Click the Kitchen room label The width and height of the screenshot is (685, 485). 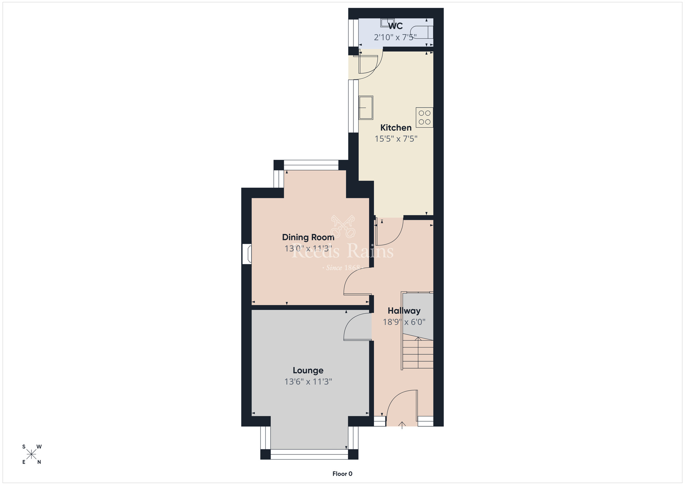point(396,128)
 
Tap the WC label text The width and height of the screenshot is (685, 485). point(395,26)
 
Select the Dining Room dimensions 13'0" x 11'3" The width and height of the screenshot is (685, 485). point(308,248)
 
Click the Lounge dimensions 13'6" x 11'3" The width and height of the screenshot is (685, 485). point(308,381)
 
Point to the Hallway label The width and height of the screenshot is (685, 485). point(404,311)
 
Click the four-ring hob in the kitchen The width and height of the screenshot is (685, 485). point(425,117)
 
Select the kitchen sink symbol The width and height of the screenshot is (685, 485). point(366,108)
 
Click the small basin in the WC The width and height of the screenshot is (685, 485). point(387,22)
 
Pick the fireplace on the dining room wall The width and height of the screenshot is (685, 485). point(247,254)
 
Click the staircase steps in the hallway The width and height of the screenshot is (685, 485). point(418,353)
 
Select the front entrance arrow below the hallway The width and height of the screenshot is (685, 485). point(402,425)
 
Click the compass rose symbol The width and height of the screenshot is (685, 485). point(32,454)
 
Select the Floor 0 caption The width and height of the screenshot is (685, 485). point(342,474)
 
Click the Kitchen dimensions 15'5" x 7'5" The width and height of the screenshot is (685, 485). point(396,139)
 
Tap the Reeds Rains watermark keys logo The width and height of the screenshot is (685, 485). point(343,226)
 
